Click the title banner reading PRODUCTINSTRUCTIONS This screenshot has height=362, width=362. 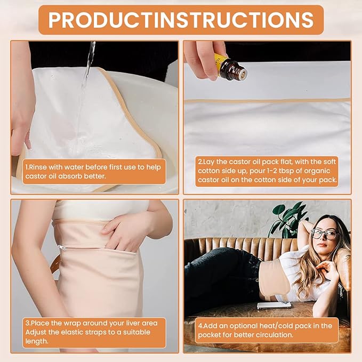tap(181, 20)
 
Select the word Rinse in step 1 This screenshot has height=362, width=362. tap(38, 167)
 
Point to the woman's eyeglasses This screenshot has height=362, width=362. tap(325, 235)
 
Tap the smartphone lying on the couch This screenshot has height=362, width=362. tap(274, 305)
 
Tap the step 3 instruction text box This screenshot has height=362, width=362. tap(94, 333)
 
